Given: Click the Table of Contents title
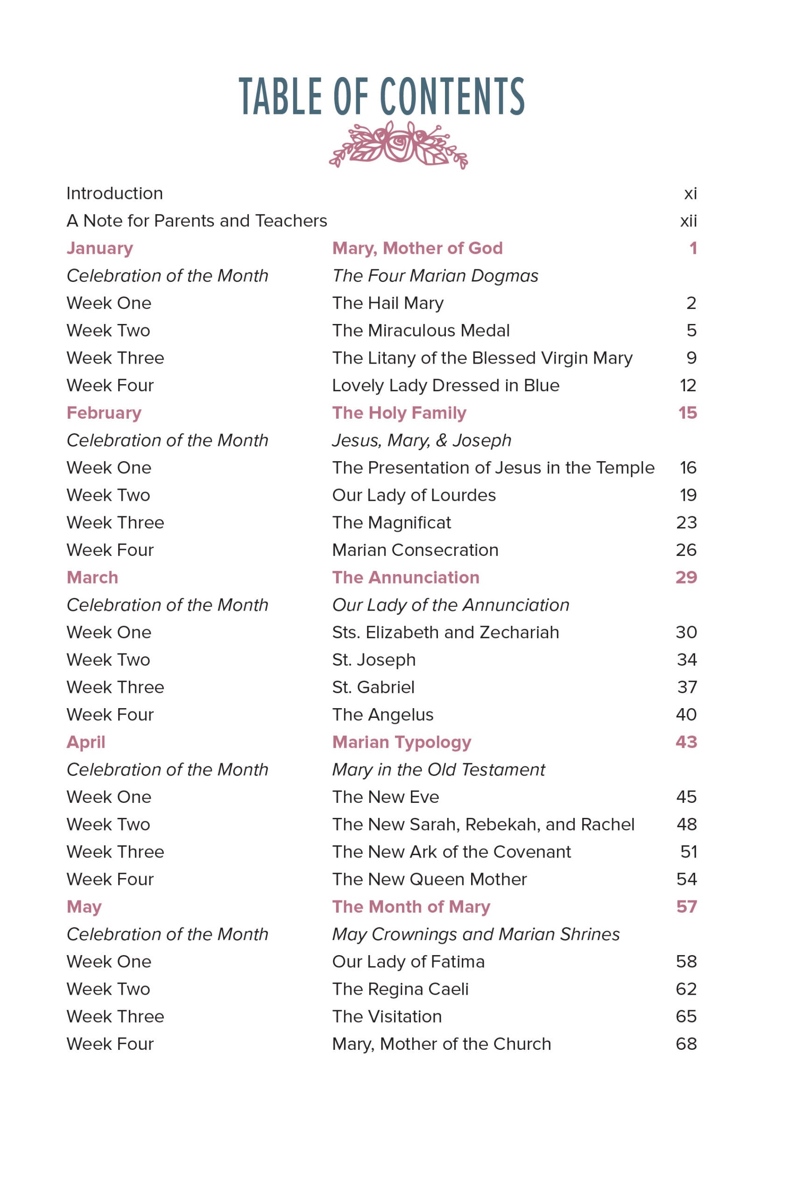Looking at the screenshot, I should click(x=381, y=97).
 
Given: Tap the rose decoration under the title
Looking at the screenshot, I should click(x=399, y=145).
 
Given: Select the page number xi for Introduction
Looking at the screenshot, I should click(x=690, y=194).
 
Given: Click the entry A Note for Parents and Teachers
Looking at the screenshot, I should click(x=197, y=221).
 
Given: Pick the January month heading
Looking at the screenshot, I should click(x=99, y=248).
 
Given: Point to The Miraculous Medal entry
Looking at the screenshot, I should click(x=420, y=331).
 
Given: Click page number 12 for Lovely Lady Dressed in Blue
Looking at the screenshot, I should click(x=688, y=386).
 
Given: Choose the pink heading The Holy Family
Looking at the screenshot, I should click(x=399, y=413).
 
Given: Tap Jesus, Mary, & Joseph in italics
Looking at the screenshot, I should click(x=421, y=441).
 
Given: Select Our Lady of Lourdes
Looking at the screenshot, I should click(x=414, y=495).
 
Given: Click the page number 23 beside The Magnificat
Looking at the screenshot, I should click(x=686, y=523).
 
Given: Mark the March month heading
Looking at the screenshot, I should click(x=92, y=578).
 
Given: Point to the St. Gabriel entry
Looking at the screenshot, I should click(x=373, y=688).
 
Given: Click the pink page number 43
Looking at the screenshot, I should click(x=686, y=742).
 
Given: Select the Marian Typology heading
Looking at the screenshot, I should click(x=402, y=742).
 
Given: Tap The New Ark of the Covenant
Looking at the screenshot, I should click(x=451, y=852).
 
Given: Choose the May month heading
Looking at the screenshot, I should click(x=85, y=907).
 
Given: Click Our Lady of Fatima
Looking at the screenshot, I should click(x=408, y=962).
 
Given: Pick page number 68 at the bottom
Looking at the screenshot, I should click(x=686, y=1044).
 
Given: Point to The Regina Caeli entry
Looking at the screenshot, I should click(x=400, y=989).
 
